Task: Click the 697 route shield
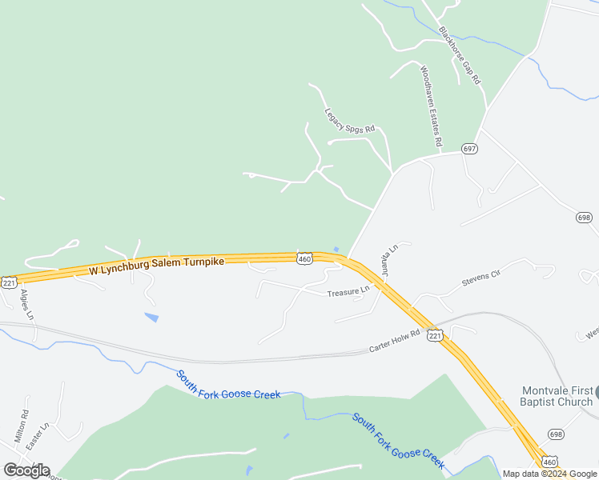pyautogui.click(x=469, y=149)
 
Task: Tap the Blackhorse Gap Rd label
pyautogui.click(x=460, y=56)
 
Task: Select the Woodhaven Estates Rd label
pyautogui.click(x=430, y=105)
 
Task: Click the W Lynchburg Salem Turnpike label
pyautogui.click(x=157, y=266)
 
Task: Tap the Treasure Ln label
pyautogui.click(x=348, y=292)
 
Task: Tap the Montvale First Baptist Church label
pyautogui.click(x=557, y=396)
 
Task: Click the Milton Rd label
pyautogui.click(x=21, y=426)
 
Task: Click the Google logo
pyautogui.click(x=26, y=470)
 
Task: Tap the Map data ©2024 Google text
pyautogui.click(x=549, y=474)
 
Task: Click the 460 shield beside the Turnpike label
pyautogui.click(x=304, y=258)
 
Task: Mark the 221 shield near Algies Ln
pyautogui.click(x=9, y=282)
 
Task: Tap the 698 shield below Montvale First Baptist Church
pyautogui.click(x=557, y=434)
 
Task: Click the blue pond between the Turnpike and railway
pyautogui.click(x=151, y=318)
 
